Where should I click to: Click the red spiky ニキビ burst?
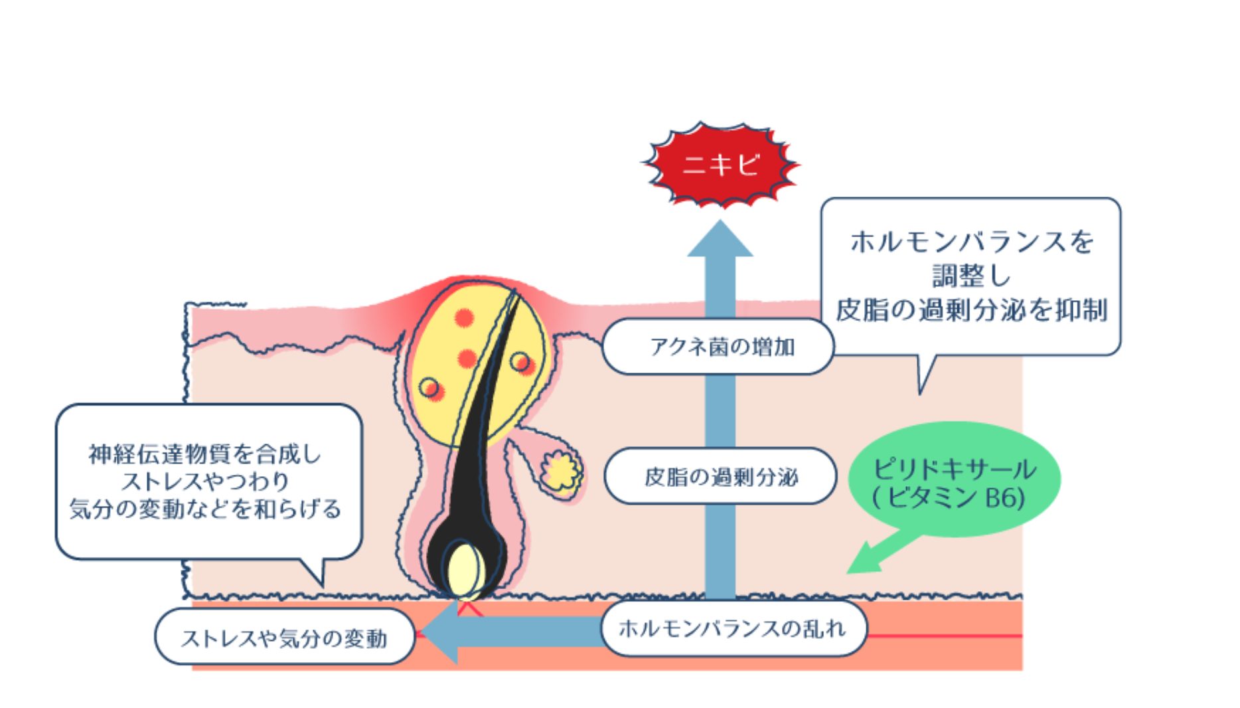coord(721,164)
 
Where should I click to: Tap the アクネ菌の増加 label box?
coord(718,347)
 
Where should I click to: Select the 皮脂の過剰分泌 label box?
coord(720,476)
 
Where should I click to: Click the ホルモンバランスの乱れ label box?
coord(733,628)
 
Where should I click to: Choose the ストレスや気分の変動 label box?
coord(284,638)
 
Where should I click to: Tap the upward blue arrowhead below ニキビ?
coord(720,240)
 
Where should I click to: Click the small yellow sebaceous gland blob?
coord(561,471)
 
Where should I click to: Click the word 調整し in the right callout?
coord(970,275)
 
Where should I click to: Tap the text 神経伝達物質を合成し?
coord(205,455)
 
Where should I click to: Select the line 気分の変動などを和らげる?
coord(205,509)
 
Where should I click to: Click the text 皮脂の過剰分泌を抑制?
coord(970,310)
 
